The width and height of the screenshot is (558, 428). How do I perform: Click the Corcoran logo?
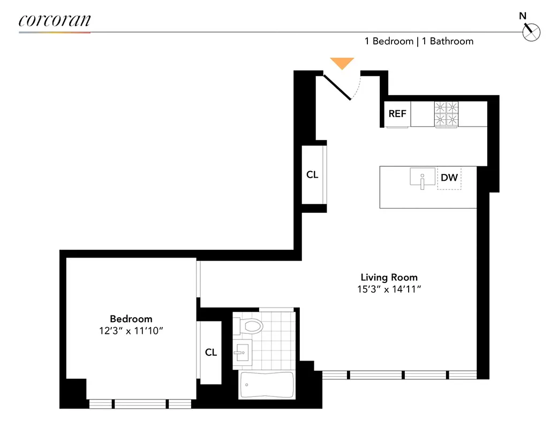tap(55, 21)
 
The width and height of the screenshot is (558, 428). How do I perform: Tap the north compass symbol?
tap(531, 32)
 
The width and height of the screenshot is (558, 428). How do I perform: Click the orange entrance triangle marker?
tap(342, 63)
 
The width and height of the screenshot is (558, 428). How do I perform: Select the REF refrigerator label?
tap(397, 113)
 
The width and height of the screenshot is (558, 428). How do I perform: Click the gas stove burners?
tap(447, 113)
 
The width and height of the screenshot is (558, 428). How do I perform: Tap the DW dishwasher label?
tap(449, 178)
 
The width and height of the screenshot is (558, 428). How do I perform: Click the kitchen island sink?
tap(423, 178)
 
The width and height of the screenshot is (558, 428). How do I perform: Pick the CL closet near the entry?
tap(312, 175)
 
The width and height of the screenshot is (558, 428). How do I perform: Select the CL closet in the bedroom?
tap(211, 352)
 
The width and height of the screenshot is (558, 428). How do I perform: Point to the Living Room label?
tap(389, 277)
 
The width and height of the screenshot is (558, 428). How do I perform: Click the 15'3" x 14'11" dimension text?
tap(389, 289)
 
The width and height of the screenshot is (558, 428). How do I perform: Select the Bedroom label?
tap(131, 319)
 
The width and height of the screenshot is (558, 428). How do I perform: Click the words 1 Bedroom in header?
tap(389, 41)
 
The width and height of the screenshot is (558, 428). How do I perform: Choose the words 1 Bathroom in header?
tap(448, 41)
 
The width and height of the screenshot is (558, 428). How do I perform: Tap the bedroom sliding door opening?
tap(198, 278)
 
